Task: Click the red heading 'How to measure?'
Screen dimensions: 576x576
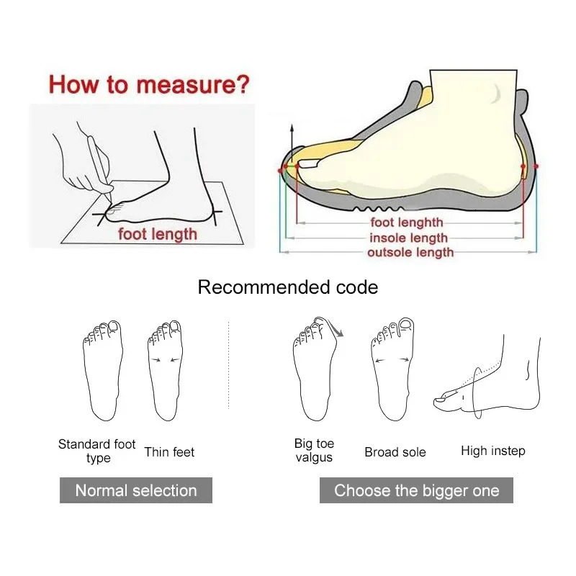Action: [x=149, y=85]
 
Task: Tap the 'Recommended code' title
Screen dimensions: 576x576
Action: [x=287, y=287]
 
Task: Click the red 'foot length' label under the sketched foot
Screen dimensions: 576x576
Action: [x=157, y=233]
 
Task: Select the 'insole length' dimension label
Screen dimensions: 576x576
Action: [x=408, y=238]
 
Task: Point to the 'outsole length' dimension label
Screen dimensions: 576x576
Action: [x=410, y=252]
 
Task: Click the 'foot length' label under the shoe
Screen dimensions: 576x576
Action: [x=407, y=223]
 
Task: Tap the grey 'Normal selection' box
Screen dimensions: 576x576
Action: [x=135, y=491]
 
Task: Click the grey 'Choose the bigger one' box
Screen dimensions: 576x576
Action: [x=416, y=491]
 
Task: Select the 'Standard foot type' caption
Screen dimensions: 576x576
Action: [x=97, y=451]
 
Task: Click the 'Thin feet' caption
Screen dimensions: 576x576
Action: [x=169, y=452]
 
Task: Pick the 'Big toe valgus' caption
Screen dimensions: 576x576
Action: [x=314, y=450]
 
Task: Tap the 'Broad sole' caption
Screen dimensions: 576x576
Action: [x=395, y=452]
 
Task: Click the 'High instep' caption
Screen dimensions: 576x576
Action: [x=492, y=451]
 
